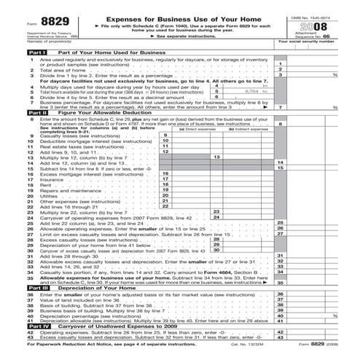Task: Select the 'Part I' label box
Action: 17,53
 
